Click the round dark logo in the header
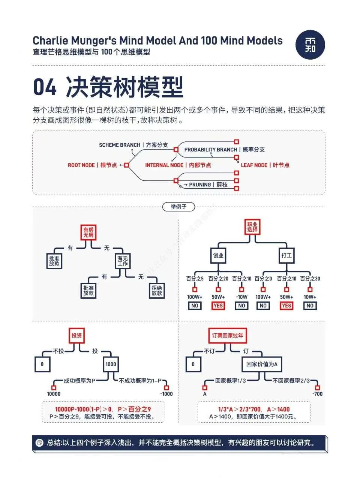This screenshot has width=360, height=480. [310, 44]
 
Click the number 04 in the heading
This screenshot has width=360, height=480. [45, 87]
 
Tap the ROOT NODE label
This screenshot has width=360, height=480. [92, 165]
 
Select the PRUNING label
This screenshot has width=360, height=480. [208, 185]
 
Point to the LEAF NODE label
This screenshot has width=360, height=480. [265, 165]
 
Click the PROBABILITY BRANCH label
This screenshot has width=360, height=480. [224, 150]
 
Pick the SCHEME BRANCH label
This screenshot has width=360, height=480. [133, 145]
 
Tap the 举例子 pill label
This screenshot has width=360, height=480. [178, 207]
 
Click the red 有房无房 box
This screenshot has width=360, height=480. [88, 232]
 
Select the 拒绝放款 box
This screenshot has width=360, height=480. [157, 290]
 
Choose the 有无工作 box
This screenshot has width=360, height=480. [122, 261]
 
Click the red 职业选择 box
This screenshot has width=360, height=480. [252, 227]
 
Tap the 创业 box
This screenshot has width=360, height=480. [218, 255]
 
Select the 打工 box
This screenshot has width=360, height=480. [286, 255]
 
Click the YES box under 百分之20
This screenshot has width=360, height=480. [218, 306]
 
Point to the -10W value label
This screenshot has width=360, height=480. [241, 297]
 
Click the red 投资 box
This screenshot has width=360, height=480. [76, 335]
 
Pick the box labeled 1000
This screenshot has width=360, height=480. [111, 364]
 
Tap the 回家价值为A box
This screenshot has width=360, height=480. [262, 364]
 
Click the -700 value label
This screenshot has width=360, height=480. [317, 394]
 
